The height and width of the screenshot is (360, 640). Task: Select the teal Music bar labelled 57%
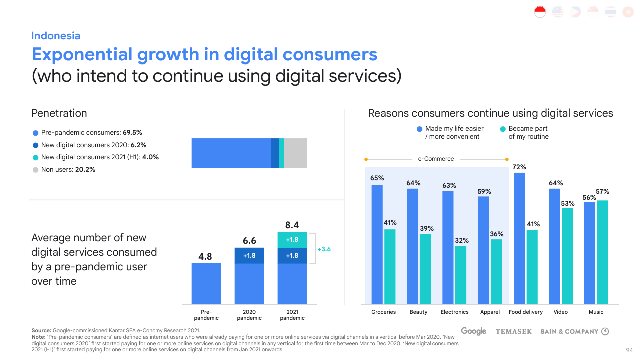click(x=602, y=252)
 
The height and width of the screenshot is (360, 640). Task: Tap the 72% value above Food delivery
click(x=519, y=167)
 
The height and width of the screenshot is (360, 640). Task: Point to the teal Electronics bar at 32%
click(x=461, y=275)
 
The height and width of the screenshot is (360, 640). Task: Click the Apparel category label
click(x=490, y=312)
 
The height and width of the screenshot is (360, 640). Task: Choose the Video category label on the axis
click(x=561, y=312)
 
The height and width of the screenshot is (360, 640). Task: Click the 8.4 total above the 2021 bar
click(x=292, y=225)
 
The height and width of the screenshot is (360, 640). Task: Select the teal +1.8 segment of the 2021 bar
click(x=292, y=240)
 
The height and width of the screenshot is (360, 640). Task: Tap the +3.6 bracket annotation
click(x=325, y=249)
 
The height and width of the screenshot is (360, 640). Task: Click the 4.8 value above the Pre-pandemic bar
click(x=205, y=257)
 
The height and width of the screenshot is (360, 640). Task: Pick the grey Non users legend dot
click(x=35, y=170)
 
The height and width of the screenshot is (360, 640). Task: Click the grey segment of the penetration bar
click(x=295, y=153)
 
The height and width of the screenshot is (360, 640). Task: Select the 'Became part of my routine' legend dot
click(x=503, y=129)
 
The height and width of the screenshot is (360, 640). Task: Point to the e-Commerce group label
click(x=436, y=159)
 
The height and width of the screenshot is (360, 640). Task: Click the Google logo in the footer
click(x=473, y=331)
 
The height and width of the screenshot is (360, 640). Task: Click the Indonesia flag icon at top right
click(x=540, y=12)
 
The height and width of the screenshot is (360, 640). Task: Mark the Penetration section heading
click(x=59, y=113)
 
